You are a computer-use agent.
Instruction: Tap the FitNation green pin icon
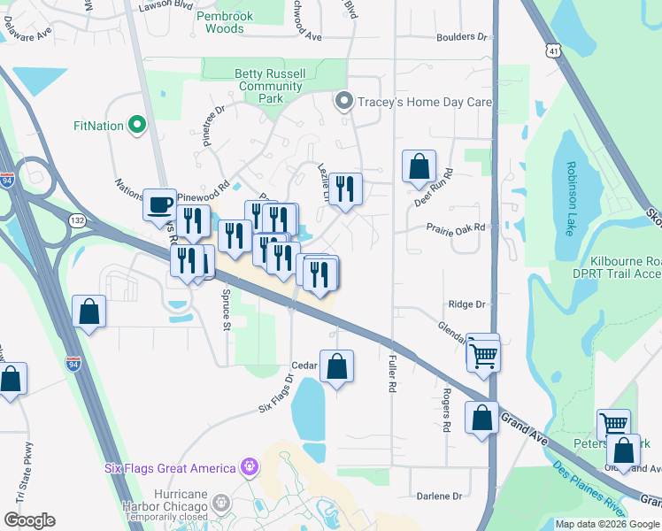point(137,126)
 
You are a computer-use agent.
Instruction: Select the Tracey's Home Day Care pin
point(344,102)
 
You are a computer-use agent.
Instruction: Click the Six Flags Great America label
point(170,468)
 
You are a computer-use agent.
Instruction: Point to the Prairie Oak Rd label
point(457,229)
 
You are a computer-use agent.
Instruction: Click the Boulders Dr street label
point(462,37)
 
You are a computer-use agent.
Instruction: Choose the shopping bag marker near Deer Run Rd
point(419,166)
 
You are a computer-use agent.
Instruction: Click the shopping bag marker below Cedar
point(336,366)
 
